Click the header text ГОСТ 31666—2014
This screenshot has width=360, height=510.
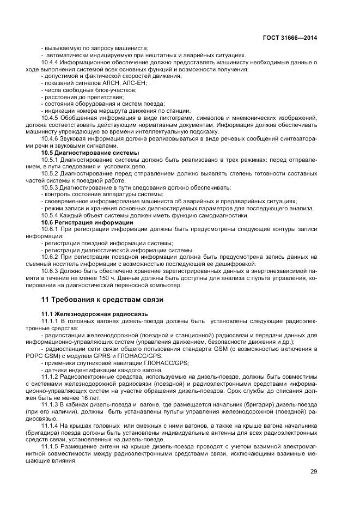pyautogui.click(x=291, y=38)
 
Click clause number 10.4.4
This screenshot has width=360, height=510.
pyautogui.click(x=50, y=62)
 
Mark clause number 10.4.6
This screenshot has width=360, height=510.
pyautogui.click(x=50, y=139)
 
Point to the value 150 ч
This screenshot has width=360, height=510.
pyautogui.click(x=135, y=278)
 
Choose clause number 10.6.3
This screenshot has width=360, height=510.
pyautogui.click(x=50, y=271)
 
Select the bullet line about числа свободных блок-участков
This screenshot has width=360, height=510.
pyautogui.click(x=81, y=90)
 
